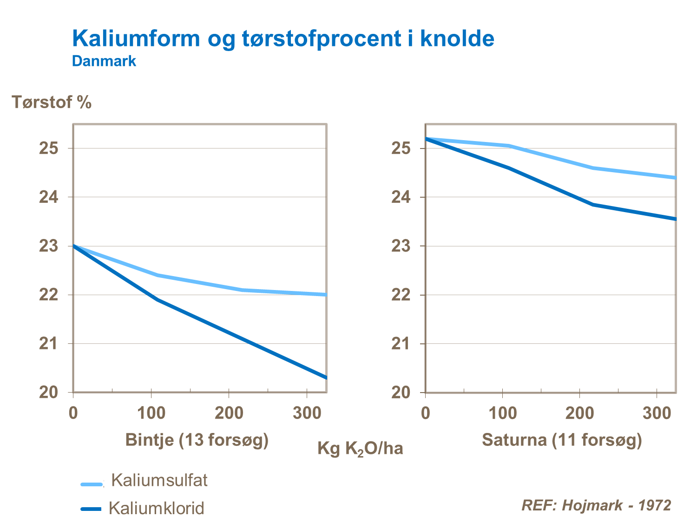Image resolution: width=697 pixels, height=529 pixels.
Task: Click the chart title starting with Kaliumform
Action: point(283,38)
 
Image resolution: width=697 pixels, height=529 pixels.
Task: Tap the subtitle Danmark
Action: point(104,61)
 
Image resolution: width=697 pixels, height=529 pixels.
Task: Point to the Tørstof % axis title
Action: point(52,102)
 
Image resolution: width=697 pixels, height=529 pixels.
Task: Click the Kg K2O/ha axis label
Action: point(360,449)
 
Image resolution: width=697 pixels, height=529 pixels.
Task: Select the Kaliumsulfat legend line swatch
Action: point(92,484)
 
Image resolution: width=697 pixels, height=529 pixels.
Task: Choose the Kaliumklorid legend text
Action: point(156,508)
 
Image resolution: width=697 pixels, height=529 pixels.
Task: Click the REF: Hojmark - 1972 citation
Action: point(596,505)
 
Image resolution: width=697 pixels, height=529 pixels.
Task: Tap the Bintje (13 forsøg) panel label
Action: point(197,439)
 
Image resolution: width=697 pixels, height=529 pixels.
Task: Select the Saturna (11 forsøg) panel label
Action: point(562,439)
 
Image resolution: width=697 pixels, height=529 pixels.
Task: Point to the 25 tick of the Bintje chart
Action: point(48,148)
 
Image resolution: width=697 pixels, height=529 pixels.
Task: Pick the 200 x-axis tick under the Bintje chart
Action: point(229,413)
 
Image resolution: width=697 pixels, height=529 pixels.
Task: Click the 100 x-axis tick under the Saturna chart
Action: point(503,413)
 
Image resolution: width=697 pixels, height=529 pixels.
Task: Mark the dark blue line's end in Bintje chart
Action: point(326,377)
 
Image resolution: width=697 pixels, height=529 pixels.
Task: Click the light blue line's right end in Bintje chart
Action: point(326,295)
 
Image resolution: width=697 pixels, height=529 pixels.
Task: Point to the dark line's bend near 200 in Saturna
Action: point(593,204)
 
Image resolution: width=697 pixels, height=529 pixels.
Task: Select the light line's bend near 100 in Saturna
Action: point(510,146)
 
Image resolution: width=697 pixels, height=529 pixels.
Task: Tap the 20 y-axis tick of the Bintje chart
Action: point(48,393)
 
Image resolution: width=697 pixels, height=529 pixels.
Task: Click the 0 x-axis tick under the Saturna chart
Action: point(425,413)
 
